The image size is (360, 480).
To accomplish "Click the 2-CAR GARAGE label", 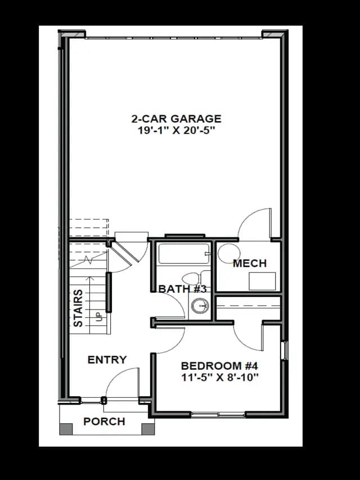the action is click(176, 119).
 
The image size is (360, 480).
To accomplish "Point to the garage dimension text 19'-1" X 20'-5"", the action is click(176, 131).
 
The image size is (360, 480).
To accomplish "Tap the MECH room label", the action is click(250, 263).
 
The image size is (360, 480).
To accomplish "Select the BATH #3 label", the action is click(183, 289).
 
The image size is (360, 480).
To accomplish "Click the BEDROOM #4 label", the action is click(220, 366).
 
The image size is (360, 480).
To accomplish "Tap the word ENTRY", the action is click(107, 360).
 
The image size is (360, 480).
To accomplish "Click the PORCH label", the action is click(105, 421).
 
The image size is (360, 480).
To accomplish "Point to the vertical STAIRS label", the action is click(78, 308).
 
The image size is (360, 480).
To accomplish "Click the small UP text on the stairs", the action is click(98, 317).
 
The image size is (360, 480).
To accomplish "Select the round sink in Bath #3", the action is click(200, 306).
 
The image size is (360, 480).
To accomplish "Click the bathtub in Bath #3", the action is click(184, 253).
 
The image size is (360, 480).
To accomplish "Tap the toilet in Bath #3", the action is click(195, 279).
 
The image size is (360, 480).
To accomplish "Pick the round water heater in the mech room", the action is click(229, 254).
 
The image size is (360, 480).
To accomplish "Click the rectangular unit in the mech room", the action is click(262, 281).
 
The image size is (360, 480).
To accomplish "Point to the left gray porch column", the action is click(66, 429).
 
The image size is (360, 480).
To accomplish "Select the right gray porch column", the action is click(148, 429).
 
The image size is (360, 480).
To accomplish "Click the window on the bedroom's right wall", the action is click(285, 351).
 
